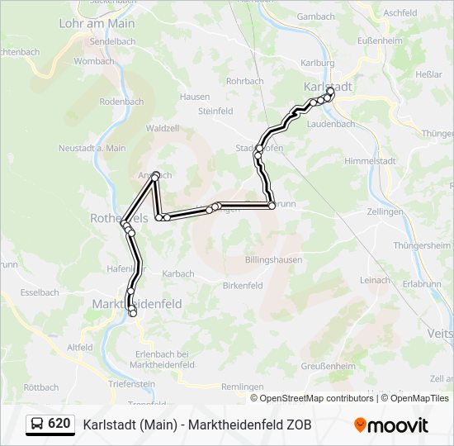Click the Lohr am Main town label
[x=97, y=24]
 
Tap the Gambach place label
[x=315, y=17]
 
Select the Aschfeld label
[x=400, y=13]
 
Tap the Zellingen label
[x=386, y=212]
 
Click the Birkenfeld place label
[x=243, y=286]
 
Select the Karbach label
[x=178, y=273]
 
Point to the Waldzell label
[x=163, y=129]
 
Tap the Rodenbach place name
[x=121, y=102]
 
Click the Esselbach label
[x=39, y=292]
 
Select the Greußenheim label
[x=328, y=366]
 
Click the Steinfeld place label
[x=215, y=111]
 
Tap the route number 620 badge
[x=59, y=424]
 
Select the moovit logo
[x=391, y=425]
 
